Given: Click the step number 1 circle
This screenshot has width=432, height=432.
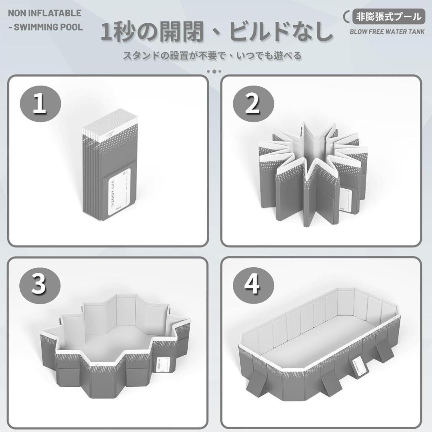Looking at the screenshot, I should click(39, 104).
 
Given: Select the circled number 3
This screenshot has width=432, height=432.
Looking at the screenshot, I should click(39, 285).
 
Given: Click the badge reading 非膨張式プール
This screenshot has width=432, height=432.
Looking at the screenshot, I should click(388, 16).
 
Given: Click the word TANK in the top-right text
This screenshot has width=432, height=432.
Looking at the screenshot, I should click(415, 32).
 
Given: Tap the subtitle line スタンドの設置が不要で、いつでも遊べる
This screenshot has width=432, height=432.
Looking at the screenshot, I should click(212, 56).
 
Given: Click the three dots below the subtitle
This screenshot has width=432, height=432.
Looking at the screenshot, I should click(214, 71).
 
